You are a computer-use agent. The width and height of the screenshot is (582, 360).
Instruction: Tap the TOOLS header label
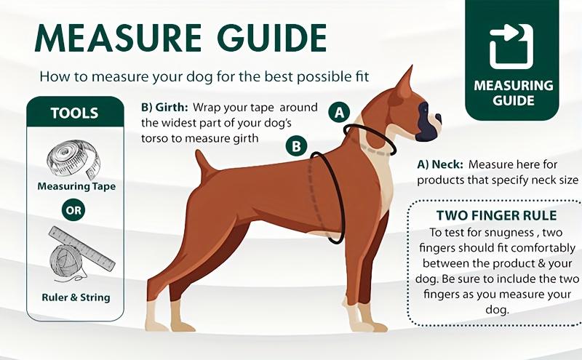tap(74, 113)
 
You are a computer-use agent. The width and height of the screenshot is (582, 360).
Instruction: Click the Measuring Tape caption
tap(76, 186)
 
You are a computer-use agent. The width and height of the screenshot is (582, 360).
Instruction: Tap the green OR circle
tap(74, 212)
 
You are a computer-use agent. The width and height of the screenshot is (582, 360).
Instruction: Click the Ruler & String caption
tap(75, 297)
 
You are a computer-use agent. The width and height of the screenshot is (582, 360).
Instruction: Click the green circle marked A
tap(339, 113)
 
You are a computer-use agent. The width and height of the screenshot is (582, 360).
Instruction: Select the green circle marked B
tap(296, 146)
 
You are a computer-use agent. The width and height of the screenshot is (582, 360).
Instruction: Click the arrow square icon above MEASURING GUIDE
tap(511, 46)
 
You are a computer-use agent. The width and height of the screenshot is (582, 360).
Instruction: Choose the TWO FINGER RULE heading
tap(497, 216)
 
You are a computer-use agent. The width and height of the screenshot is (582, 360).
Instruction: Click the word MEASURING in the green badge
tap(513, 85)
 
